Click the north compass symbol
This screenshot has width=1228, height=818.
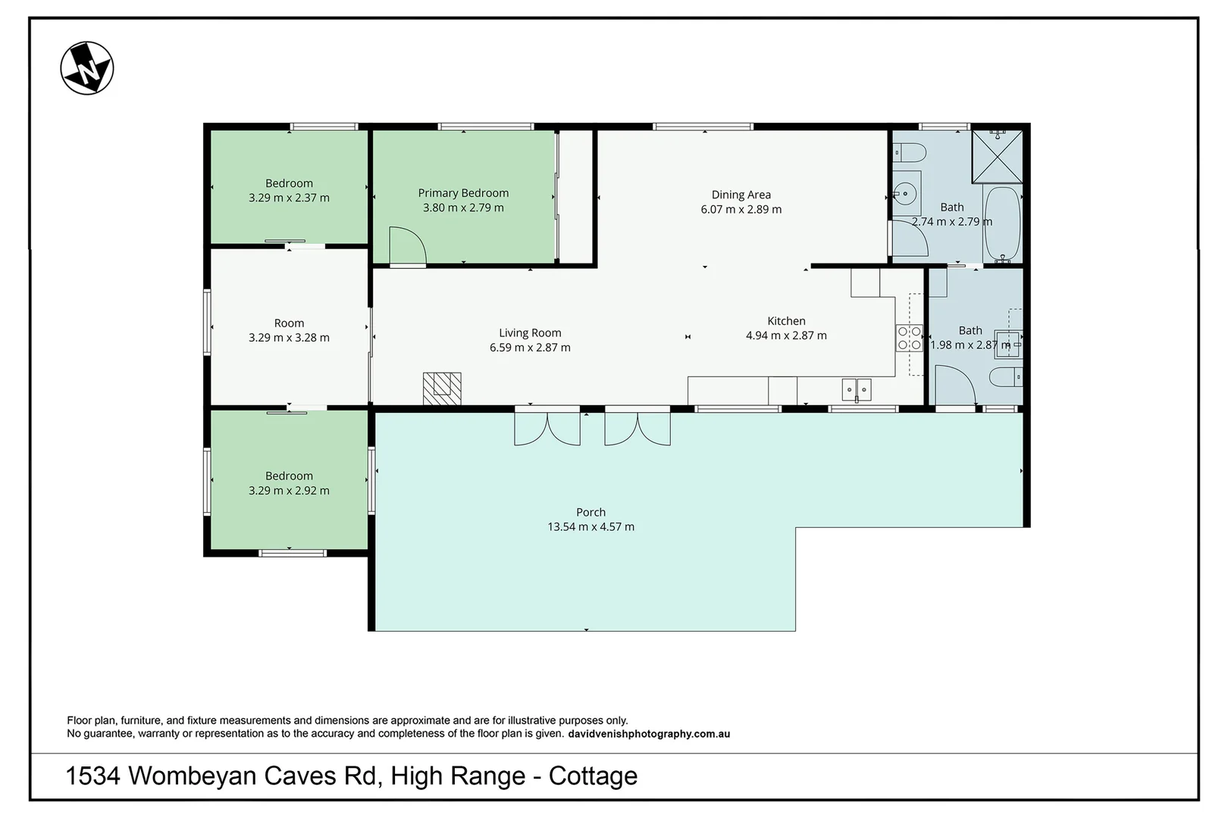click(87, 68)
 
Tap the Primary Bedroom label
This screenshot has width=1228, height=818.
click(463, 193)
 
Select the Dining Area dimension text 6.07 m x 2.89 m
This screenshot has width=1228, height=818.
click(741, 209)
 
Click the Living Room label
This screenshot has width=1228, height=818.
click(530, 333)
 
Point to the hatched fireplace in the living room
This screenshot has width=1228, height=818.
click(442, 389)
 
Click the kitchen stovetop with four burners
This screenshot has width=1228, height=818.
click(909, 338)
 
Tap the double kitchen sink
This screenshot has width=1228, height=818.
click(857, 389)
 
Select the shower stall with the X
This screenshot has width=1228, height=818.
click(998, 156)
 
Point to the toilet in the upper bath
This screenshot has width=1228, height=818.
click(910, 152)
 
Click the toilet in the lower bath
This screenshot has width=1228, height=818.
click(1006, 377)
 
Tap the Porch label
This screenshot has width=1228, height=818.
click(591, 512)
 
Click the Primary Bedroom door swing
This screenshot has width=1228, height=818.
click(407, 247)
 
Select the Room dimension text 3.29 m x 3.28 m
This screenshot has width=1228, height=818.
click(289, 338)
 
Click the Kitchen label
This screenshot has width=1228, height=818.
click(786, 321)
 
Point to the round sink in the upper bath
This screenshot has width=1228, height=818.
click(905, 193)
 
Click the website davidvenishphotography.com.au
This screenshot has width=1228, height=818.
click(649, 734)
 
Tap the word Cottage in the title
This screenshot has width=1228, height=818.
click(594, 776)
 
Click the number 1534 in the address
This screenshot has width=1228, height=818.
click(92, 776)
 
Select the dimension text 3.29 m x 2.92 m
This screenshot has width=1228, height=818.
click(289, 490)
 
